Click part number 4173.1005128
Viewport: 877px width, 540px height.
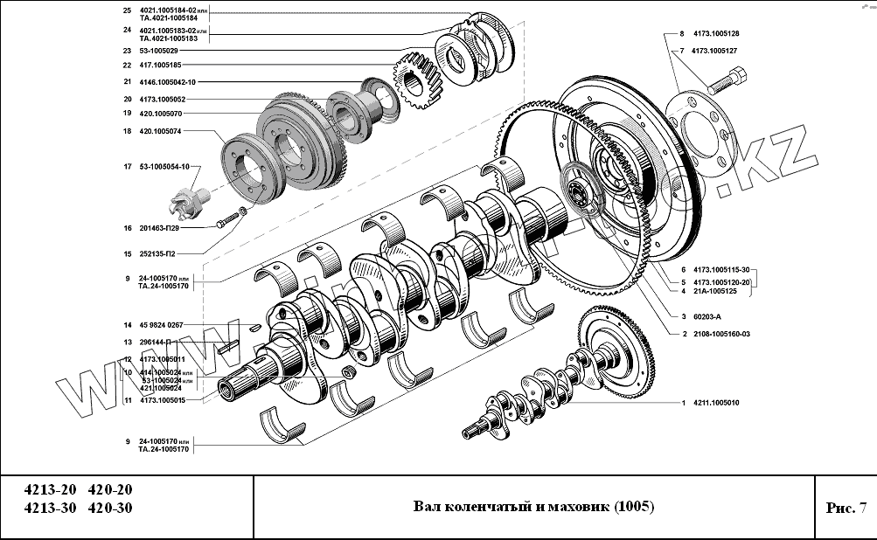(715, 33)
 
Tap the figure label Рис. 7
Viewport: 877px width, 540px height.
(845, 508)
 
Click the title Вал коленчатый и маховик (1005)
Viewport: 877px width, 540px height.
(533, 507)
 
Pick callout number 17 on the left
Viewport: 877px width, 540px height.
(127, 166)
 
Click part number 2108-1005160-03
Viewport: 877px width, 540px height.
(722, 334)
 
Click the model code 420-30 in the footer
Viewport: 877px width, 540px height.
(110, 509)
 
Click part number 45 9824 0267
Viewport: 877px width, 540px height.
(161, 325)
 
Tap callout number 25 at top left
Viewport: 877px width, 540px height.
(127, 10)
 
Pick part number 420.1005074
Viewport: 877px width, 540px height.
(161, 131)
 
